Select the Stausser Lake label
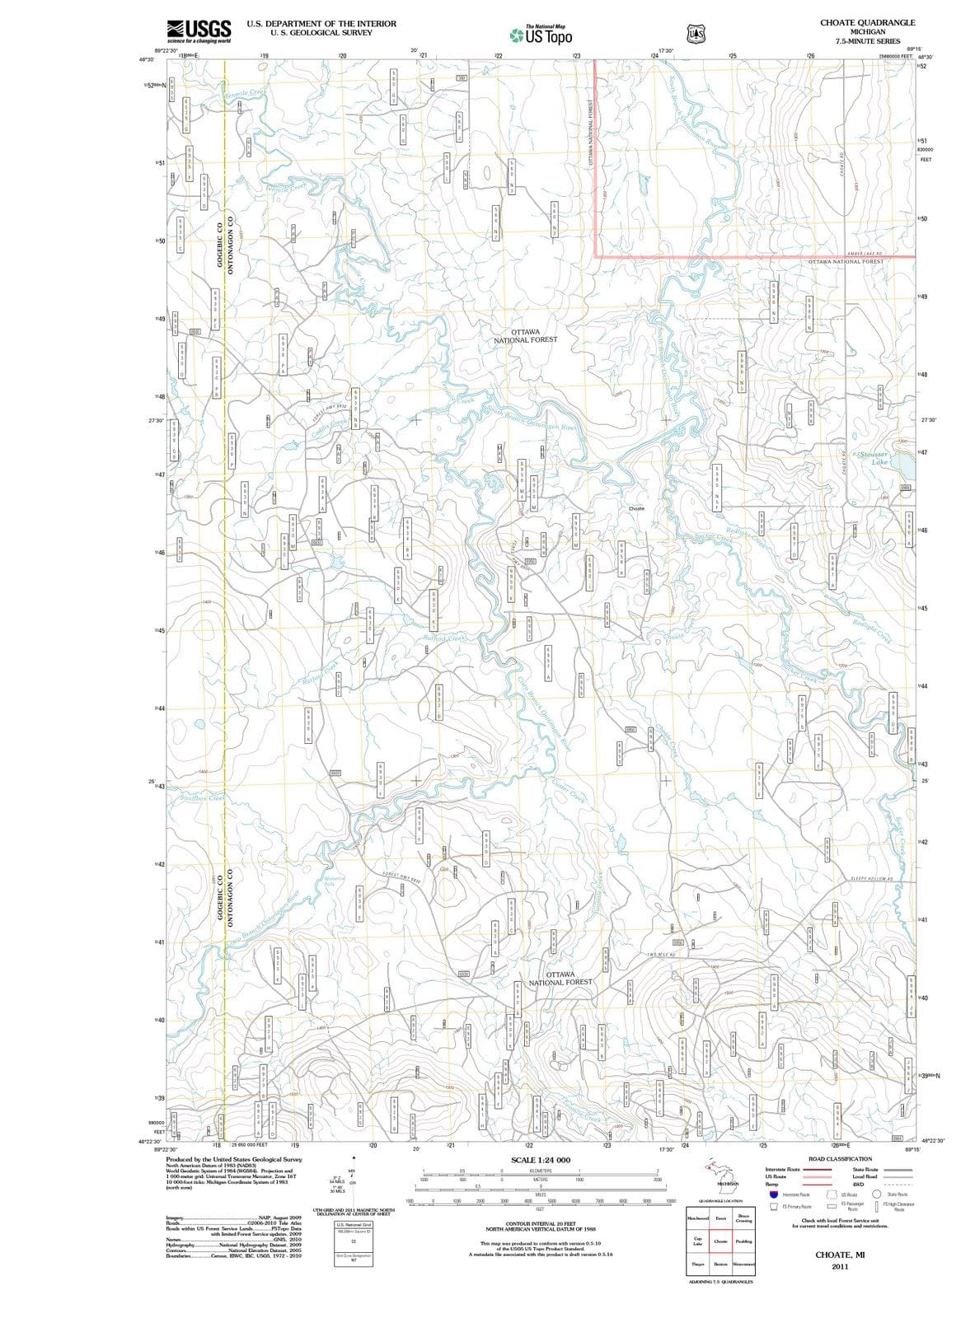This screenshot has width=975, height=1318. pos(877,458)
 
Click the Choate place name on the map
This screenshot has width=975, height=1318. pos(636,509)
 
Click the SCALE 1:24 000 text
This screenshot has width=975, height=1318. pos(541,1160)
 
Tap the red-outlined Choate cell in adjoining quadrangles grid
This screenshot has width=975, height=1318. pos(720,1241)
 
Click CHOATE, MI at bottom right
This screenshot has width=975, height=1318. pos(839,1255)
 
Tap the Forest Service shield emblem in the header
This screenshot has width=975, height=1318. pos(692,34)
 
